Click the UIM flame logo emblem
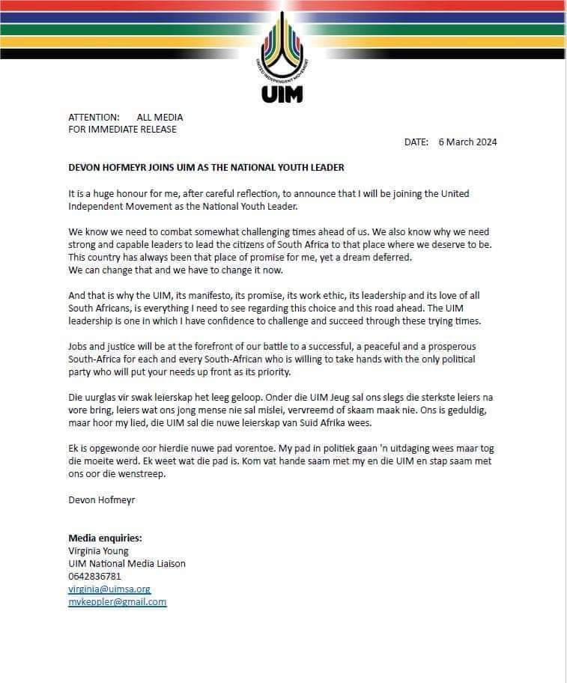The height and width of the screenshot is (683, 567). [283, 49]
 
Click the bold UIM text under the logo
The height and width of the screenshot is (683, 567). [282, 95]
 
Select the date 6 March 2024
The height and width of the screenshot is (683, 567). [468, 142]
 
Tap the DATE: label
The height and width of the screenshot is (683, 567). [416, 142]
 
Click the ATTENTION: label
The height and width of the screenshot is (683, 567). [94, 118]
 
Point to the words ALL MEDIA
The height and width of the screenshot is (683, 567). [160, 118]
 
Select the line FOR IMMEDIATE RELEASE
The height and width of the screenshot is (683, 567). [122, 129]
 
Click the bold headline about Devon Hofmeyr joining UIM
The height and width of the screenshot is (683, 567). [206, 168]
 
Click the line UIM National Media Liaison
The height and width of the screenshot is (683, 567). [127, 564]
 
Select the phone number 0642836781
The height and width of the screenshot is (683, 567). [94, 577]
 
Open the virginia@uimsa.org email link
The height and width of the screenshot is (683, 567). [109, 589]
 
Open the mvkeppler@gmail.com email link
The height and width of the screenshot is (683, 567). [117, 602]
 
